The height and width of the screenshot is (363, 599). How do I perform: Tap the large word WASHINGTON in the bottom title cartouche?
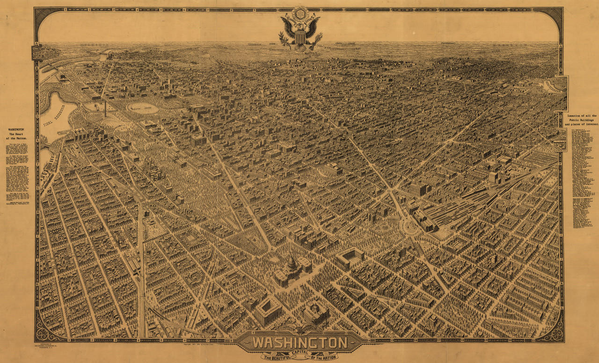[300, 343]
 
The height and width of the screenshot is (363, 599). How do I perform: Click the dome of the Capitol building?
[292, 263]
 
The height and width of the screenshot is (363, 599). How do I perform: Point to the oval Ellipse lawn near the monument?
[142, 108]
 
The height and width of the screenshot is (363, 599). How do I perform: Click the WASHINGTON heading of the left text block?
[16, 129]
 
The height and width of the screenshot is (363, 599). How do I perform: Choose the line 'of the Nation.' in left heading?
[16, 139]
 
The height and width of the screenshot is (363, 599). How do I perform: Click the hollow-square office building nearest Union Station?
[350, 256]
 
